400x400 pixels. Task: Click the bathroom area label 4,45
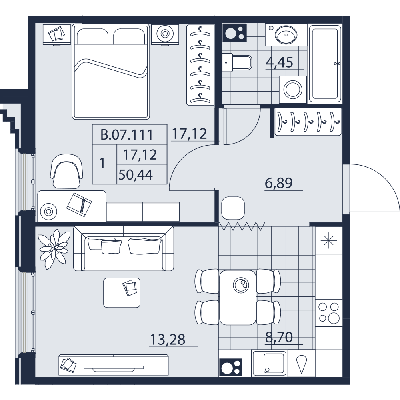[x=279, y=62]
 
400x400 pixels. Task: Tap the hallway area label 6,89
[x=279, y=183]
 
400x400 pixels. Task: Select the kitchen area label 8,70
[x=279, y=337]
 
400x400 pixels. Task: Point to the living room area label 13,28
[x=168, y=340]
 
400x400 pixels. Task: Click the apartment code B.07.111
[x=127, y=135]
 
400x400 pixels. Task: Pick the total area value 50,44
[x=136, y=175]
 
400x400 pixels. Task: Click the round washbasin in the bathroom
[x=286, y=35]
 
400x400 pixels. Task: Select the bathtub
[x=325, y=64]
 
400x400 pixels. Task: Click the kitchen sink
[x=270, y=362]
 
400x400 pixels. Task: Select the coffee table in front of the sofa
[x=122, y=293]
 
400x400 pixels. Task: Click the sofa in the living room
[x=124, y=248]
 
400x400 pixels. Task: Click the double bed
[x=110, y=72]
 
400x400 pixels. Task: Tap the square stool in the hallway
[x=233, y=208]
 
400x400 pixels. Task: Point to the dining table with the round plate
[x=238, y=298]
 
